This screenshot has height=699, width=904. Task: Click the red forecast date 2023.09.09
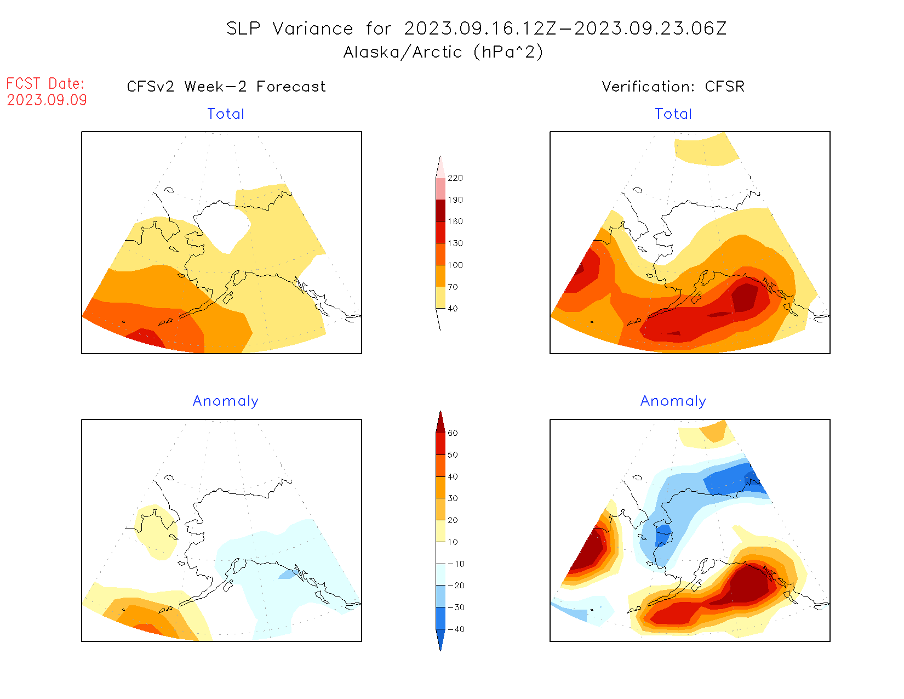pyautogui.click(x=47, y=100)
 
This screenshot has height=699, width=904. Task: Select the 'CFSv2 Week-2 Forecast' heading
pyautogui.click(x=226, y=87)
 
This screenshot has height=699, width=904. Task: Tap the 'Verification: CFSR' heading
pyautogui.click(x=673, y=87)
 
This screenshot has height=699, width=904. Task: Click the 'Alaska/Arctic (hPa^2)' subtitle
pyautogui.click(x=443, y=52)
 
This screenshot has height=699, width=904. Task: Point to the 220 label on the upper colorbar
pyautogui.click(x=455, y=178)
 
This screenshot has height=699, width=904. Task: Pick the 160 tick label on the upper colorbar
pyautogui.click(x=455, y=221)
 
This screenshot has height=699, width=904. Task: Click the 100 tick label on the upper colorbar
pyautogui.click(x=455, y=265)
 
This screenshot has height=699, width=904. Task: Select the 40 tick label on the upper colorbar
pyautogui.click(x=453, y=309)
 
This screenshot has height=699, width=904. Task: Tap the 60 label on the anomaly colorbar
pyautogui.click(x=453, y=433)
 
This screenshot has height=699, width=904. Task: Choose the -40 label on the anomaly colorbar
pyautogui.click(x=456, y=629)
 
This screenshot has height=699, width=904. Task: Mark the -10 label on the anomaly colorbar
pyautogui.click(x=456, y=564)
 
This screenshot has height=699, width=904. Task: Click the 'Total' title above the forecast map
pyautogui.click(x=226, y=114)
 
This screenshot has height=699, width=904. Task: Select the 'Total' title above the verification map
pyautogui.click(x=673, y=114)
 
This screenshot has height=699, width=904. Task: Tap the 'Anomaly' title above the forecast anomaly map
pyautogui.click(x=226, y=401)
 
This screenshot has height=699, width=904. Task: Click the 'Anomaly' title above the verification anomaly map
pyautogui.click(x=673, y=401)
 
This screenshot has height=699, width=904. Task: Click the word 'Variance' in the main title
pyautogui.click(x=313, y=29)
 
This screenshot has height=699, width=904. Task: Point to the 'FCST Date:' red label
pyautogui.click(x=45, y=84)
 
